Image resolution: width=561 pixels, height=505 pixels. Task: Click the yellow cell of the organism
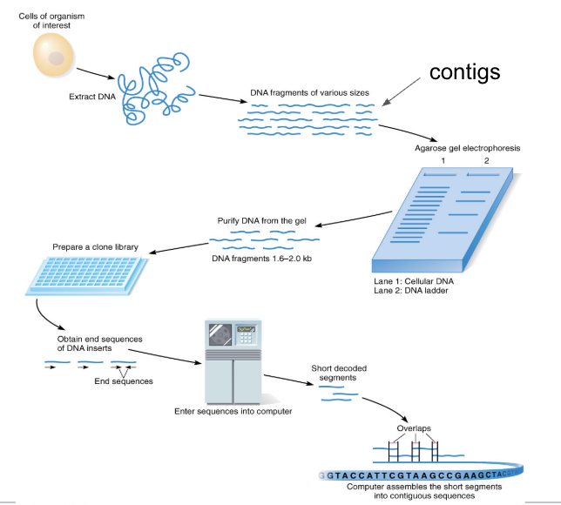point(54,58)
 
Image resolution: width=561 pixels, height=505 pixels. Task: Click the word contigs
point(464,71)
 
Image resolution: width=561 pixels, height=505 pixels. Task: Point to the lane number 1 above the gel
point(443,161)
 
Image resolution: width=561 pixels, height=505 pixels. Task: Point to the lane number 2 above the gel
point(486,161)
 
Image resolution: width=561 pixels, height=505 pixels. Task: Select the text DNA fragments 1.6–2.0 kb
point(265,258)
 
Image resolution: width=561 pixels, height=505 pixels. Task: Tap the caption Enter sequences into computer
point(231,410)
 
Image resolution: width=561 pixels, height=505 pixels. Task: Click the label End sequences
point(124,381)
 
